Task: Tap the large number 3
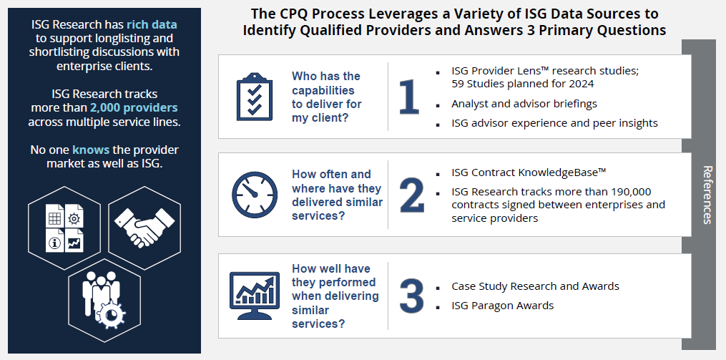pyautogui.click(x=411, y=294)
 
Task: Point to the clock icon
pyautogui.click(x=255, y=194)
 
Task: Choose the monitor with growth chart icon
pyautogui.click(x=254, y=296)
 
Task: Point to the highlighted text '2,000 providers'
pyautogui.click(x=134, y=107)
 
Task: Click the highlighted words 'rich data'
pyautogui.click(x=152, y=24)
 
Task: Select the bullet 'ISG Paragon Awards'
pyautogui.click(x=502, y=306)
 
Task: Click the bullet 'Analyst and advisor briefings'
pyautogui.click(x=524, y=104)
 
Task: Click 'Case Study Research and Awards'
pyautogui.click(x=535, y=286)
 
